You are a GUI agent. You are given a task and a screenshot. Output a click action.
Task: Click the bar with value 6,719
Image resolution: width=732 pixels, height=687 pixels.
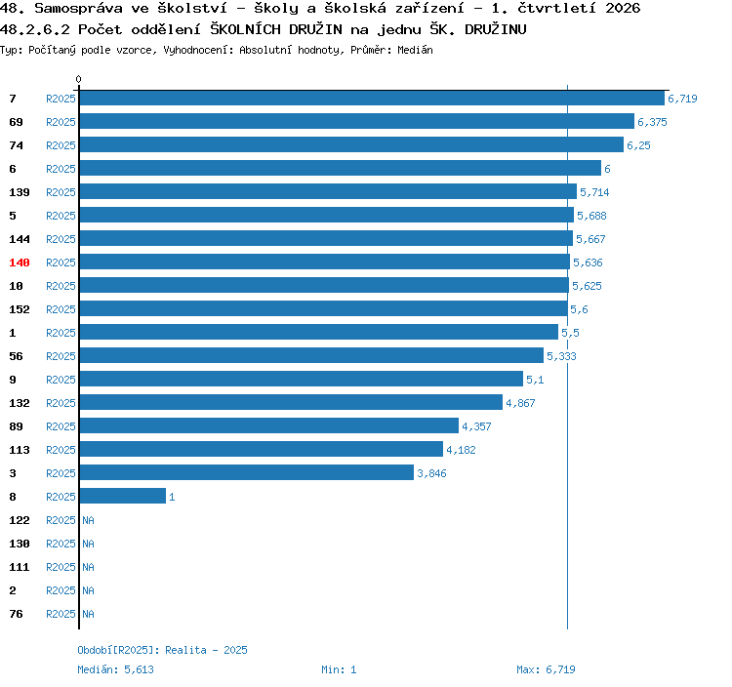[x=372, y=98]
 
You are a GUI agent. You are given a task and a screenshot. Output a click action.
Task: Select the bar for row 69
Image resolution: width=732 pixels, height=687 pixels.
[x=357, y=121]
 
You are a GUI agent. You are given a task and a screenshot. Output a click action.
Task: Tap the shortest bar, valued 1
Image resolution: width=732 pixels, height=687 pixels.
[x=123, y=496]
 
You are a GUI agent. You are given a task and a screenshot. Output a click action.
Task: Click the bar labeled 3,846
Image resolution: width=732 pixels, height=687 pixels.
[x=247, y=472]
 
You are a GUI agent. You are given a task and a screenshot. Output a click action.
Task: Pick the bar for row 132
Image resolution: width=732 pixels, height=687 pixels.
[x=291, y=402]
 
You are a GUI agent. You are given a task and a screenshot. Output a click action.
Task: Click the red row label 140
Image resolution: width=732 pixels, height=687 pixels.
[x=20, y=263]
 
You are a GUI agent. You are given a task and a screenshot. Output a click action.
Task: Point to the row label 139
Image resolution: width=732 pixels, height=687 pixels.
[x=20, y=192]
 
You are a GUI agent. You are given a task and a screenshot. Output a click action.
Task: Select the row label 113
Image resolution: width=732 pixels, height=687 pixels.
[x=20, y=450]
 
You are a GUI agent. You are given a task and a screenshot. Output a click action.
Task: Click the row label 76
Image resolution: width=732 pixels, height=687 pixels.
[x=16, y=614]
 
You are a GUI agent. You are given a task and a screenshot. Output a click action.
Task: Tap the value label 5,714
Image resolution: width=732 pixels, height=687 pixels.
[x=594, y=192]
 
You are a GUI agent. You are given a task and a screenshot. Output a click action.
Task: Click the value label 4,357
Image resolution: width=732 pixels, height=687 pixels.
[x=476, y=426]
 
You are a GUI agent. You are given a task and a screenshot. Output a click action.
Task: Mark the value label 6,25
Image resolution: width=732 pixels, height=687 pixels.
[x=638, y=145]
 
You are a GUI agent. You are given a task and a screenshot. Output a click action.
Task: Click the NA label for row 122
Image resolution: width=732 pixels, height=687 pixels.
[x=88, y=520]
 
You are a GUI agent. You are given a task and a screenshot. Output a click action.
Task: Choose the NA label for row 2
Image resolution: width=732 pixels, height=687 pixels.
[x=88, y=590]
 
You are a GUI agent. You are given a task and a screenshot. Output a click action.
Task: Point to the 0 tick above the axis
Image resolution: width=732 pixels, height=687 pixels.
[x=78, y=79]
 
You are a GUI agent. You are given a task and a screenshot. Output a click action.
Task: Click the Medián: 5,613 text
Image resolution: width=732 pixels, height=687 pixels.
[x=115, y=669]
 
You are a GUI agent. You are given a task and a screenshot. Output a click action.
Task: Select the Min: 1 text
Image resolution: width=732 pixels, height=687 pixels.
[x=339, y=669]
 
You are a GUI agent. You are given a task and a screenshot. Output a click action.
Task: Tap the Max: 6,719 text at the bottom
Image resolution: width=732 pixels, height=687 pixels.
[x=546, y=669]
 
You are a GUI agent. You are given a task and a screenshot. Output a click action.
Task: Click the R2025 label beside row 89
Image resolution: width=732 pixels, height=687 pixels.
[x=61, y=426]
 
